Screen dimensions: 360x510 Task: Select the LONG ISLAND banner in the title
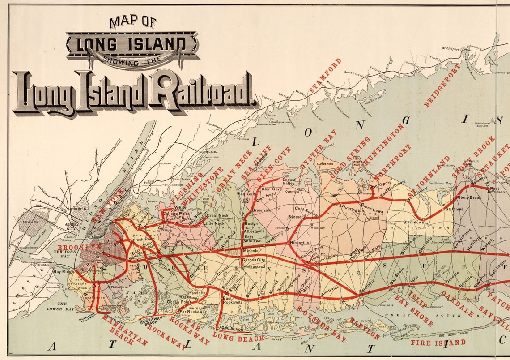pyautogui.click(x=132, y=44)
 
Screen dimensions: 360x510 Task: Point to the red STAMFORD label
pyautogui.click(x=325, y=75)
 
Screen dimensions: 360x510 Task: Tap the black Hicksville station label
pyautogui.click(x=299, y=242)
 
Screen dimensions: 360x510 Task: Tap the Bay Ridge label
pyautogui.click(x=63, y=271)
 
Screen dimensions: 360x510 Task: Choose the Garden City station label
pyautogui.click(x=254, y=260)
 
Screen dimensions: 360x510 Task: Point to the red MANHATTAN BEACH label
pyautogui.click(x=119, y=329)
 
